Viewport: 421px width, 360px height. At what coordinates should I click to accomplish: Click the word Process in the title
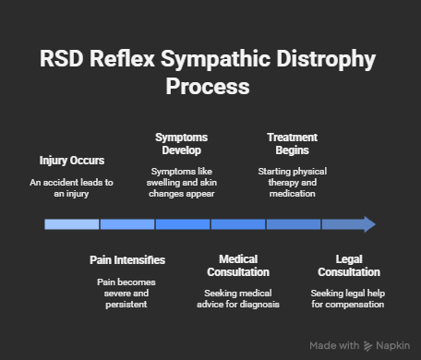pyautogui.click(x=209, y=87)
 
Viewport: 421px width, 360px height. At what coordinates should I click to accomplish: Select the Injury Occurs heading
pyautogui.click(x=72, y=160)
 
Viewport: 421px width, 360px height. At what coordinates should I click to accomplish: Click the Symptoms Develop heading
pyautogui.click(x=182, y=143)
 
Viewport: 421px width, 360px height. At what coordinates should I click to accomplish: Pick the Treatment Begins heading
pyautogui.click(x=292, y=143)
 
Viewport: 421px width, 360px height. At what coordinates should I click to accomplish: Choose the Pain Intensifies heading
pyautogui.click(x=127, y=260)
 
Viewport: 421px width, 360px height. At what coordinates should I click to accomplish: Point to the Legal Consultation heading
pyautogui.click(x=348, y=266)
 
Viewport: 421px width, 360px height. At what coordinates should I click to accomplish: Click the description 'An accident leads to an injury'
pyautogui.click(x=72, y=188)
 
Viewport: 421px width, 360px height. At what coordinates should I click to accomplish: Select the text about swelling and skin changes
pyautogui.click(x=182, y=183)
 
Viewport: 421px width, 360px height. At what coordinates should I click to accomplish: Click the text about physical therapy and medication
pyautogui.click(x=292, y=183)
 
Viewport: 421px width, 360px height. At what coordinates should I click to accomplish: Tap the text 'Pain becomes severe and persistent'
pyautogui.click(x=127, y=293)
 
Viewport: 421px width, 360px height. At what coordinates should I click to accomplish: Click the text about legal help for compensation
pyautogui.click(x=348, y=298)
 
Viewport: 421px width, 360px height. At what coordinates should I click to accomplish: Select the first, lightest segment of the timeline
pyautogui.click(x=72, y=223)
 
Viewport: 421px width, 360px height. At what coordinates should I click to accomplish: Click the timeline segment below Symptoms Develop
pyautogui.click(x=182, y=223)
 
